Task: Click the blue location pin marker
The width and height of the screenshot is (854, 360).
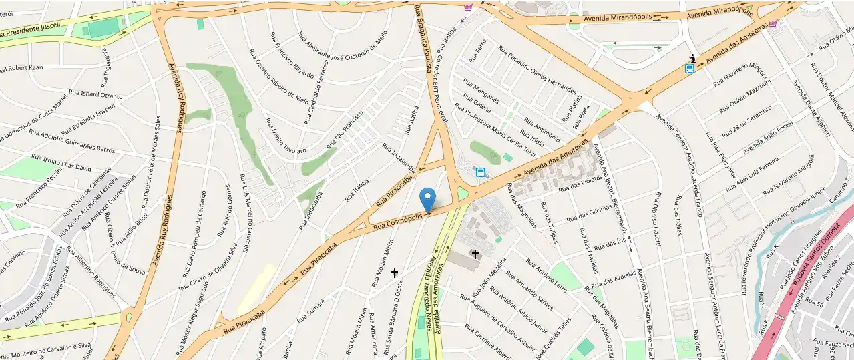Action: coord(427,199)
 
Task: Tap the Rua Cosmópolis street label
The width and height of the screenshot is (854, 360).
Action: coord(398,222)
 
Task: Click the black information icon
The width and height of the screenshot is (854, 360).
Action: coord(694,58)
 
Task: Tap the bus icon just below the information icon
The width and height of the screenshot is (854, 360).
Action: coord(690,69)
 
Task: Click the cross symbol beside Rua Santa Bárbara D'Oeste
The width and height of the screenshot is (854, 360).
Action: coord(395,273)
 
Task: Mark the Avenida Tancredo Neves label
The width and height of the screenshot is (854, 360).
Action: coord(427,287)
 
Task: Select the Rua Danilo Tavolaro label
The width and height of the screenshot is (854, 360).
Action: coord(285,136)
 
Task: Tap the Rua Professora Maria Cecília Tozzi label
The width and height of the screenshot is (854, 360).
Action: coord(494,130)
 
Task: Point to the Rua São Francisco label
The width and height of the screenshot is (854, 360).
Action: coord(344,130)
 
